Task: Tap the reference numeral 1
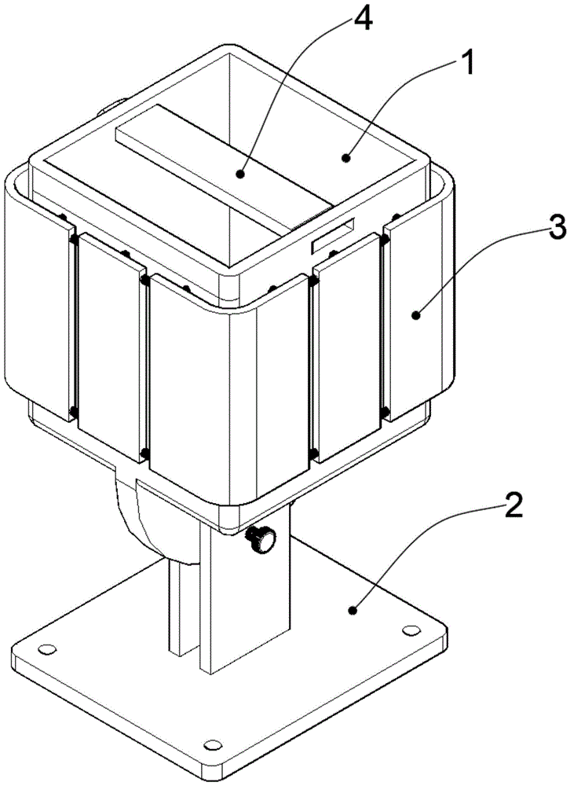(x=466, y=66)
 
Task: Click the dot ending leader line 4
(x=241, y=174)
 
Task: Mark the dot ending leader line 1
(x=345, y=159)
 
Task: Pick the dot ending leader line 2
(x=353, y=610)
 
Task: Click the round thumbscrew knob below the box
(x=261, y=540)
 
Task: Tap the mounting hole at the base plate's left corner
(x=48, y=649)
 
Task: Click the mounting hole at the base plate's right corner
(x=411, y=630)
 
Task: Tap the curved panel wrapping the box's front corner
(x=228, y=386)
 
